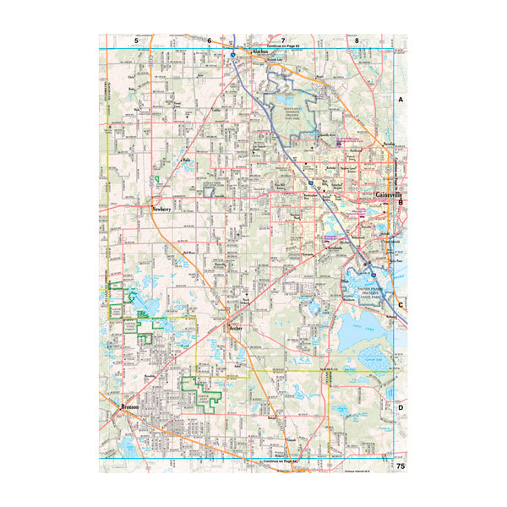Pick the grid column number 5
[x=135, y=40]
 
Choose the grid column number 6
[x=209, y=40]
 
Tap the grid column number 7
[x=283, y=40]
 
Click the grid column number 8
[x=357, y=40]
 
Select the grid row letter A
[x=401, y=99]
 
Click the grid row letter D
[x=401, y=407]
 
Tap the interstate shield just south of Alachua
[x=230, y=54]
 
